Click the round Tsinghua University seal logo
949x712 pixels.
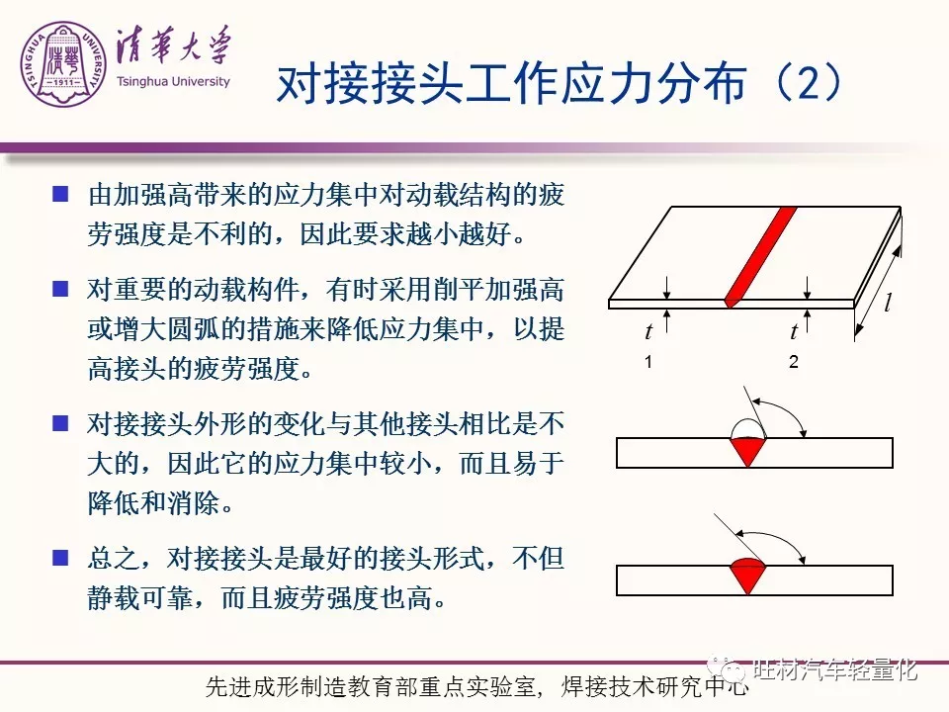[63, 64]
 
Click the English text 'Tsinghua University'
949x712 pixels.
[173, 82]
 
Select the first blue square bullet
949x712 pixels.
[60, 194]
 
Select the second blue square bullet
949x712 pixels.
[60, 288]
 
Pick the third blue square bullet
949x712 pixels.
[60, 422]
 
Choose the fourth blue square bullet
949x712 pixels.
[60, 557]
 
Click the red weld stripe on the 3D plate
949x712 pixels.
[760, 257]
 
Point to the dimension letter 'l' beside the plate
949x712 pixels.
[888, 302]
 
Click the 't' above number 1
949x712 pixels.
[648, 331]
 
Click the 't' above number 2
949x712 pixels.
[794, 331]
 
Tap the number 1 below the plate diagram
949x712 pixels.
[648, 362]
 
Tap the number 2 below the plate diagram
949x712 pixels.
[794, 362]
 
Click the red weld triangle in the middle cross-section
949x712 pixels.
[748, 449]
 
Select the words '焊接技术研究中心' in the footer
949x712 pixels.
[654, 686]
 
